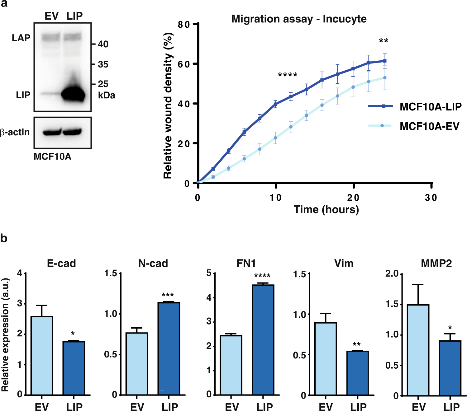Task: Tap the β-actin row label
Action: click(x=15, y=132)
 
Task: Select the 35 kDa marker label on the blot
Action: click(x=103, y=64)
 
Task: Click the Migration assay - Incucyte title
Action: click(x=299, y=19)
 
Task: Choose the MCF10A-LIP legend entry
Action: click(x=430, y=107)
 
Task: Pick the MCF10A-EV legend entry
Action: click(x=429, y=126)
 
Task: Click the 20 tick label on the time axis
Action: click(x=353, y=198)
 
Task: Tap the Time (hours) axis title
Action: click(x=326, y=209)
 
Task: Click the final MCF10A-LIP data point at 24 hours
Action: click(x=385, y=61)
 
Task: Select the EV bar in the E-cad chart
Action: click(x=42, y=355)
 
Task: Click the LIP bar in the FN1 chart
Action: click(x=263, y=340)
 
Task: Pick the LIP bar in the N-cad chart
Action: click(x=169, y=348)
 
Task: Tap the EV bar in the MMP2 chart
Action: click(x=418, y=350)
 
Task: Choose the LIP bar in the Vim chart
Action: click(x=357, y=373)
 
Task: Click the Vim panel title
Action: click(x=344, y=264)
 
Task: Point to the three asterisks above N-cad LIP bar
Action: click(x=168, y=295)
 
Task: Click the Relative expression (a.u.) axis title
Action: click(x=5, y=335)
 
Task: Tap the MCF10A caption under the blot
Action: click(x=52, y=156)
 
